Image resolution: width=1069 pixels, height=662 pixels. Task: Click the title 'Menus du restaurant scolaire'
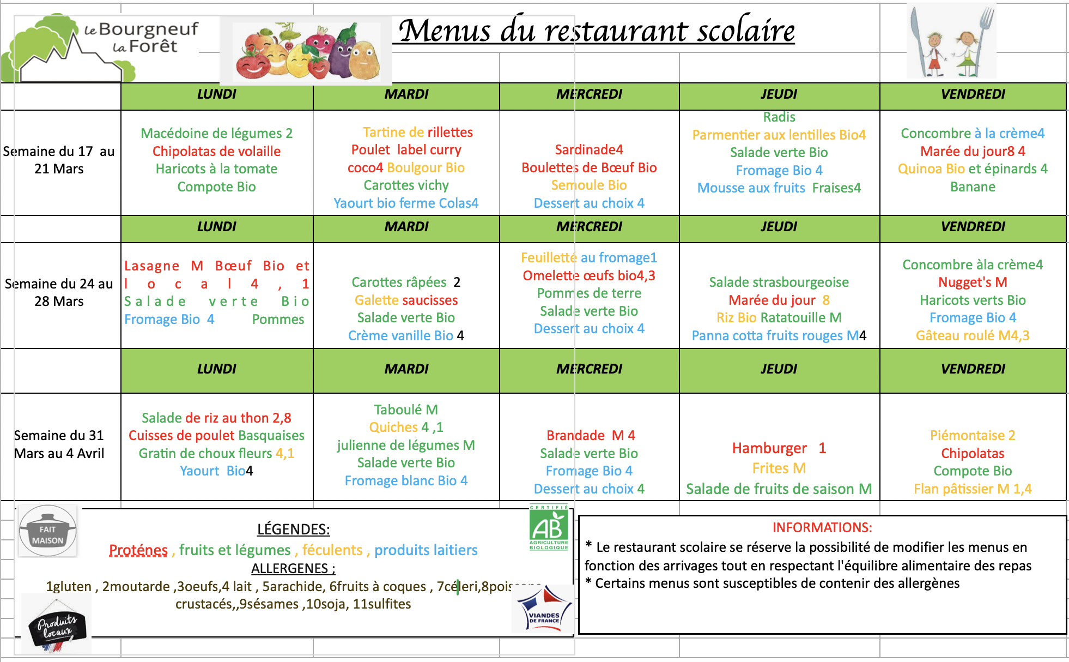tap(596, 31)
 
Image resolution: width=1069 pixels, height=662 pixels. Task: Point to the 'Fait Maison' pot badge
tap(48, 531)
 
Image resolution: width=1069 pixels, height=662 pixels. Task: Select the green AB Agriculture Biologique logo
tap(549, 528)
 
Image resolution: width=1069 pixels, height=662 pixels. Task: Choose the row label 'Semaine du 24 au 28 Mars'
tap(59, 293)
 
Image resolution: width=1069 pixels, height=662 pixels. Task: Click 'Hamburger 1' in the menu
tap(779, 448)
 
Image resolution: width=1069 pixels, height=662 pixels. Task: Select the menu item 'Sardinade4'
tap(588, 150)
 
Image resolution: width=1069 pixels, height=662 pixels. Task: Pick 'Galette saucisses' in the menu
tap(406, 300)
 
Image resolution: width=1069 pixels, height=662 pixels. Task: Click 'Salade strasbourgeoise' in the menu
tap(779, 282)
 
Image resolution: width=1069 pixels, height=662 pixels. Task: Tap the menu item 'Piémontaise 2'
tap(973, 436)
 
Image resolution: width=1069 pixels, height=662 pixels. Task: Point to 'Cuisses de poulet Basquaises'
tap(216, 436)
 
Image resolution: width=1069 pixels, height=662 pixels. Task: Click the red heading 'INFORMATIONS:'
tap(822, 528)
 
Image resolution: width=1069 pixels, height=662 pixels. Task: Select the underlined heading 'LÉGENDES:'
tap(293, 529)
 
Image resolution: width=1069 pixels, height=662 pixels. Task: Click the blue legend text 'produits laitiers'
tap(426, 550)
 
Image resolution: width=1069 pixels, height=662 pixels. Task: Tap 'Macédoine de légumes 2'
tap(216, 134)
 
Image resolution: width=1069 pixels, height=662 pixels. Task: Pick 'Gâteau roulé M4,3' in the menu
tap(973, 336)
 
